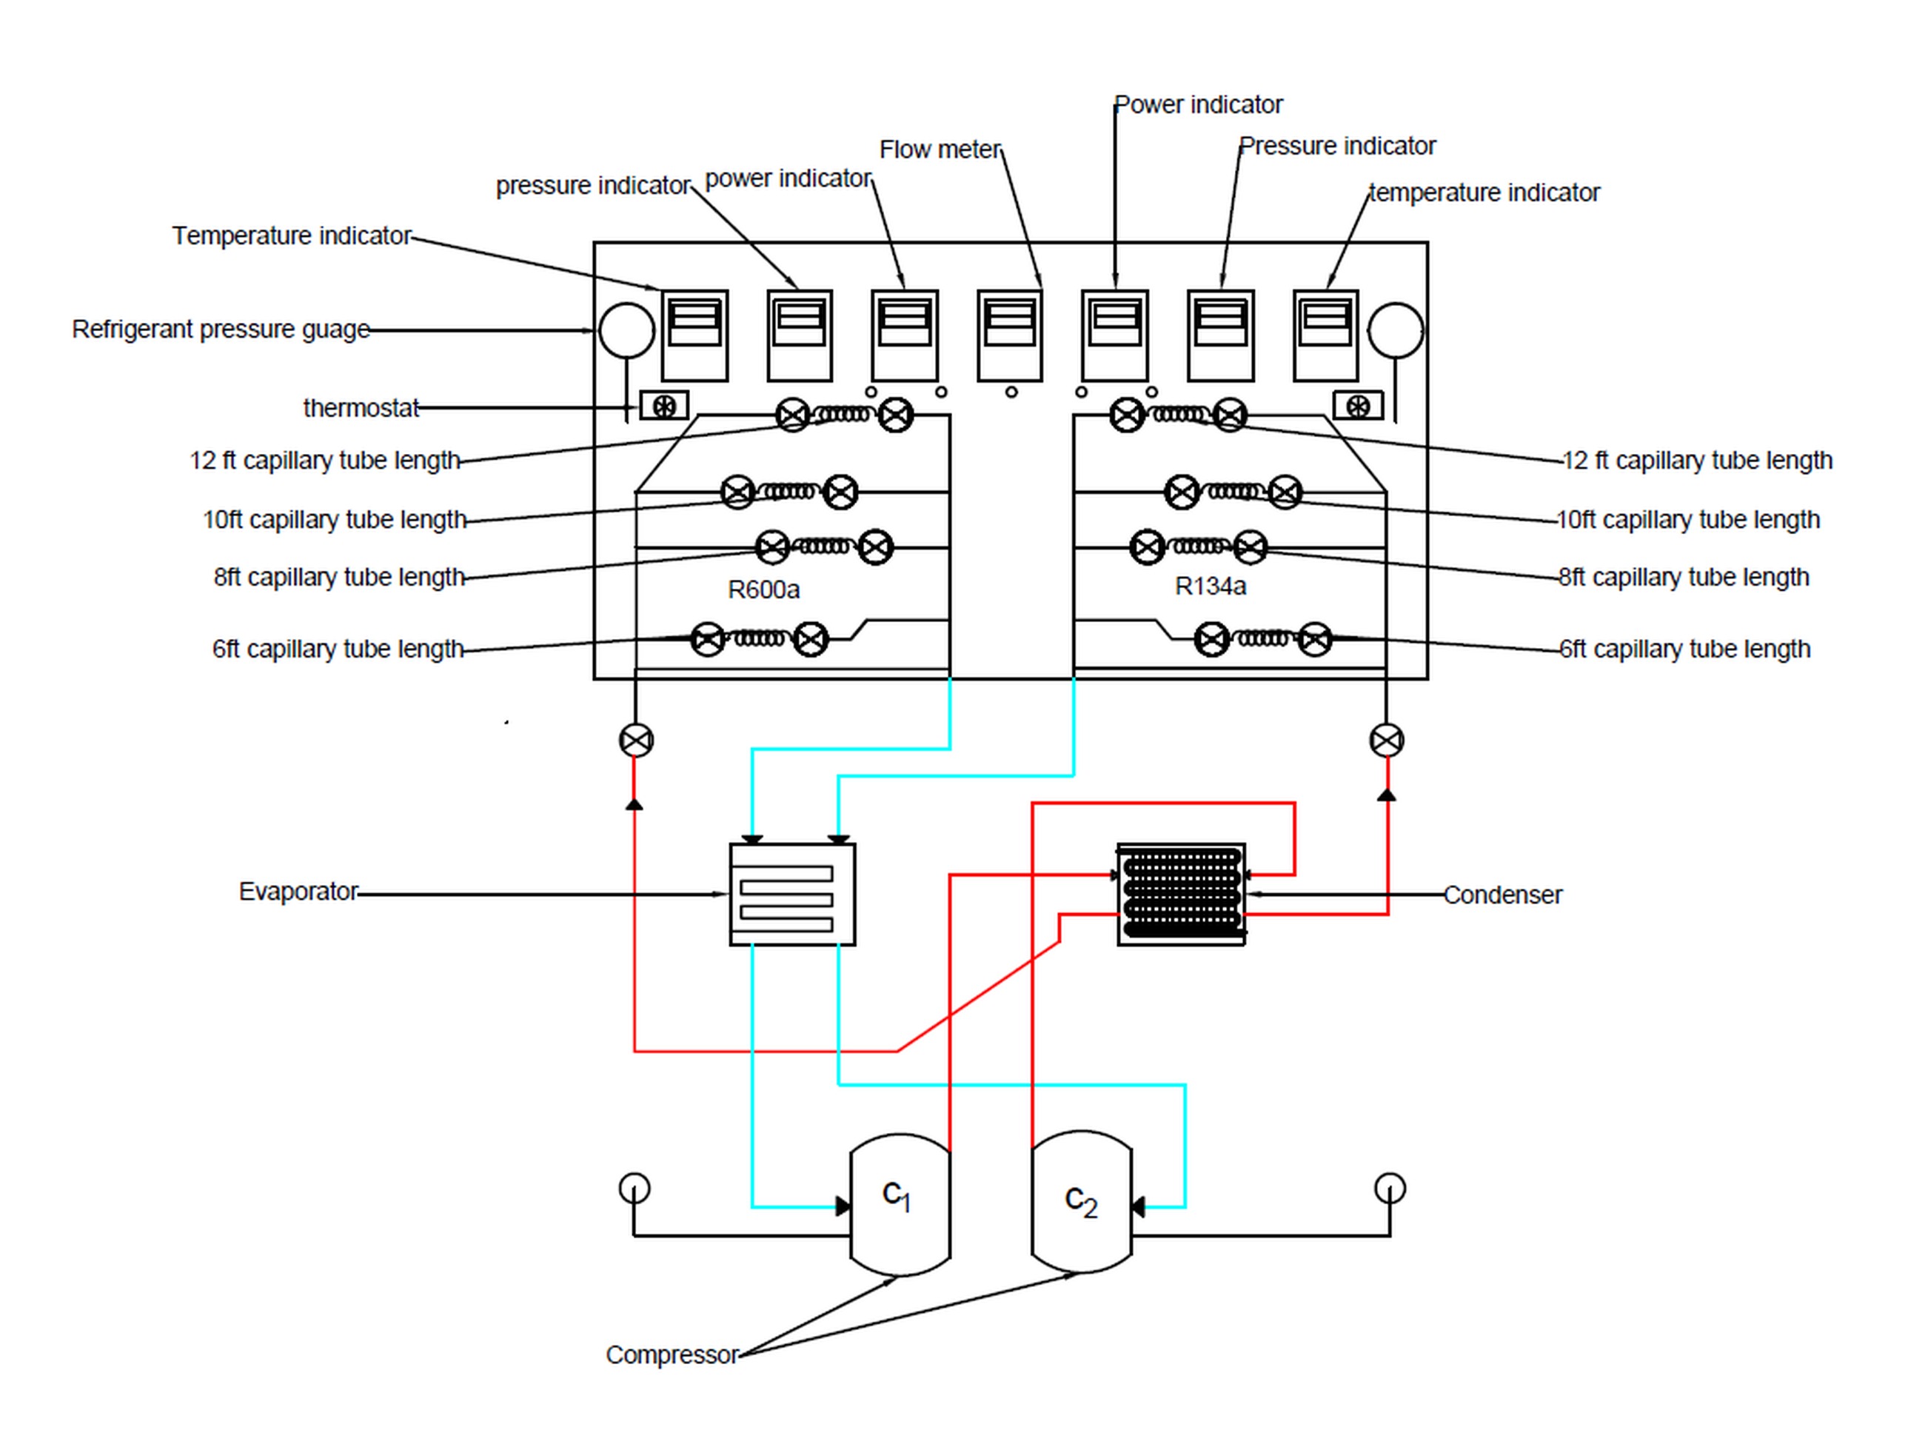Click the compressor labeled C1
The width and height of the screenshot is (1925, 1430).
click(x=900, y=1204)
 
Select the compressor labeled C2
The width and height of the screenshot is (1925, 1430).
click(x=1082, y=1201)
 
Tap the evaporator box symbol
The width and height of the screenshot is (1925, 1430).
click(x=792, y=894)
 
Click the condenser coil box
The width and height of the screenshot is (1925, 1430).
click(x=1182, y=894)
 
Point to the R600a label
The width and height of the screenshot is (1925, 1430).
click(x=764, y=590)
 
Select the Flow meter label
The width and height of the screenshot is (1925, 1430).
click(x=940, y=150)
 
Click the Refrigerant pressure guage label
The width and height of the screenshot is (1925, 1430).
click(x=221, y=330)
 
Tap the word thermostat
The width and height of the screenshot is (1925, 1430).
click(x=361, y=408)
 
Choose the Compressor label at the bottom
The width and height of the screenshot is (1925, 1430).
click(x=672, y=1354)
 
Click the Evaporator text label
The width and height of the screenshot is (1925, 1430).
click(x=298, y=892)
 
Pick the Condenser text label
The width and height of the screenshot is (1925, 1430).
click(x=1503, y=895)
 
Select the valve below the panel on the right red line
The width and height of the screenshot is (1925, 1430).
click(x=1387, y=740)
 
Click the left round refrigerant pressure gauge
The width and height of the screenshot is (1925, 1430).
click(x=626, y=330)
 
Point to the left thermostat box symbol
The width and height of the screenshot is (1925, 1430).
click(x=664, y=406)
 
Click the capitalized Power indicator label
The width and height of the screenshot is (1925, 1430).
click(x=1198, y=104)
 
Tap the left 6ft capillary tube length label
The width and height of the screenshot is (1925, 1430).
click(x=338, y=649)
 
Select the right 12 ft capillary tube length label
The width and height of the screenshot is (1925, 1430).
click(x=1698, y=461)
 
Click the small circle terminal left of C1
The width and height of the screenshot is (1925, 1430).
click(x=635, y=1188)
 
